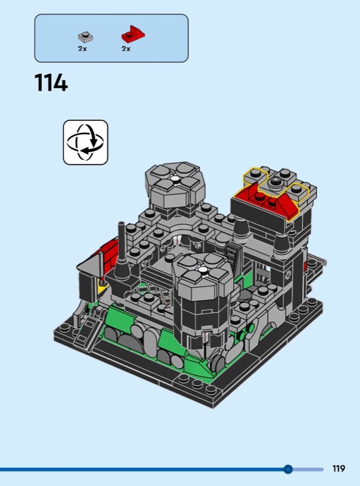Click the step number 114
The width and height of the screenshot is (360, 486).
[51, 83]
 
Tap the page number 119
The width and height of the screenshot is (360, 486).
[339, 468]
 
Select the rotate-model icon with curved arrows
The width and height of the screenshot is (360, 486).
[86, 142]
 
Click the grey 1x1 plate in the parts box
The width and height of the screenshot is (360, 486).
[86, 37]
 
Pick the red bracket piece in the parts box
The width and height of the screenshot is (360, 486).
[133, 34]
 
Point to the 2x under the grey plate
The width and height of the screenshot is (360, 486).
[83, 49]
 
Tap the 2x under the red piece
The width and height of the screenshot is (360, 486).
[126, 49]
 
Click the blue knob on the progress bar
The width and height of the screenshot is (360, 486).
[288, 469]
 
